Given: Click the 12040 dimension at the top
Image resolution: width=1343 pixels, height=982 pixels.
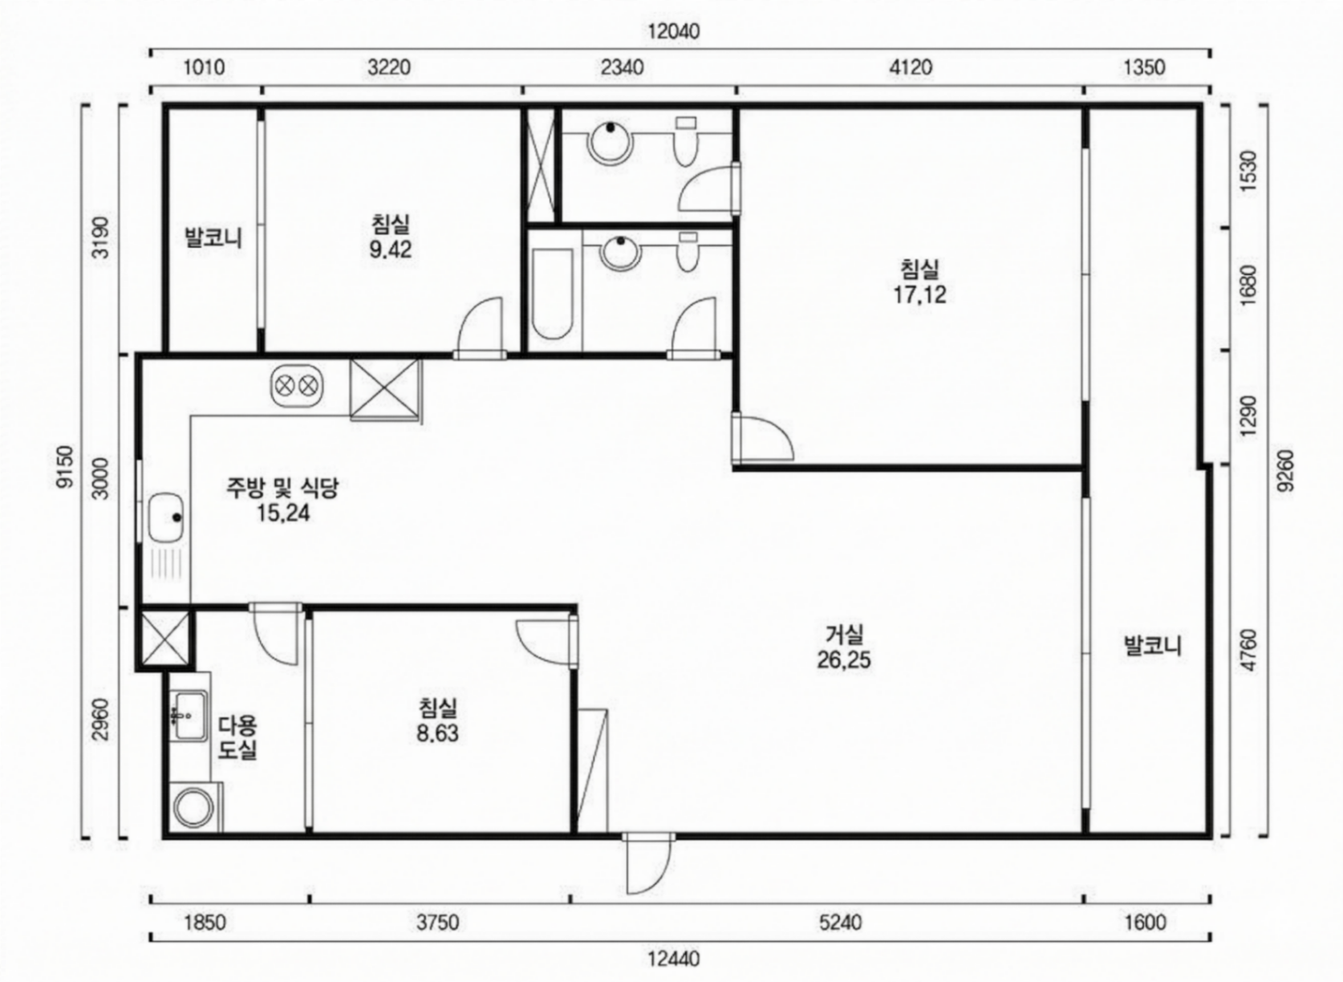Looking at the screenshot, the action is pyautogui.click(x=673, y=31).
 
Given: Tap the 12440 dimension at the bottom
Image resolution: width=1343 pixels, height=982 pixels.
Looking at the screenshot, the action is pyautogui.click(x=673, y=959).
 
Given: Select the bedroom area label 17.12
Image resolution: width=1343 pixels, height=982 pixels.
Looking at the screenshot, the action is pyautogui.click(x=919, y=295).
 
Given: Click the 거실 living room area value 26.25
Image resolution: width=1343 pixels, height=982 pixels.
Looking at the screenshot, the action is pyautogui.click(x=843, y=660).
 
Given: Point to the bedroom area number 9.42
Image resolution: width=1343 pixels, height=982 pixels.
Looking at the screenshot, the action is pyautogui.click(x=391, y=250).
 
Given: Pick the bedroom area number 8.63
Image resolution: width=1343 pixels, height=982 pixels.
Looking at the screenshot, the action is pyautogui.click(x=438, y=733).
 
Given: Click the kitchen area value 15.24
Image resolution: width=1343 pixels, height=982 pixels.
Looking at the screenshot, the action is pyautogui.click(x=283, y=513).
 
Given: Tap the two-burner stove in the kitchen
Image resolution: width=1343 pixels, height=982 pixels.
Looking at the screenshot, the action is pyautogui.click(x=297, y=385).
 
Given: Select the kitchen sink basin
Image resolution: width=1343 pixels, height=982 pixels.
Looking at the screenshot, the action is pyautogui.click(x=166, y=517).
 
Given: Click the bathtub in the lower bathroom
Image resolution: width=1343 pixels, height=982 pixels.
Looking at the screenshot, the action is pyautogui.click(x=553, y=294).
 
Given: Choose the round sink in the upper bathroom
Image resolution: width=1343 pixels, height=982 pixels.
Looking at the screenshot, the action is pyautogui.click(x=611, y=144).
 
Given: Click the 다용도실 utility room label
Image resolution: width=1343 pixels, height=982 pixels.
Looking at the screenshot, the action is pyautogui.click(x=237, y=737).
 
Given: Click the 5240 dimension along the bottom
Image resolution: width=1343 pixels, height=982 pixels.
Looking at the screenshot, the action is pyautogui.click(x=841, y=922).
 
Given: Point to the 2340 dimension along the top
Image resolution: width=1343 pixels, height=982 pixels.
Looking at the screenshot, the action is pyautogui.click(x=623, y=67).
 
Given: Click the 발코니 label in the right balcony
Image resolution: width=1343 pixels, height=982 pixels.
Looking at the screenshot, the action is pyautogui.click(x=1152, y=647).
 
